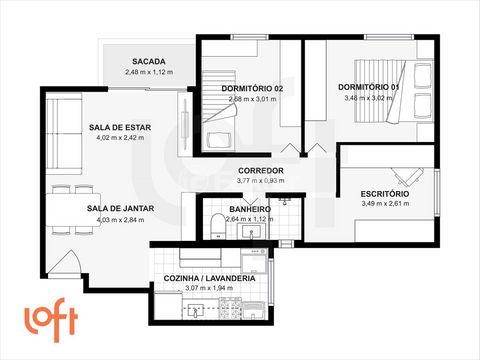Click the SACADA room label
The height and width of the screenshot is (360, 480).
tap(149, 62)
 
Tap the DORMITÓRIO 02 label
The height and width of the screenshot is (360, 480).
tap(252, 89)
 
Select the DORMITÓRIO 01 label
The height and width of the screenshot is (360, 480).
tap(369, 87)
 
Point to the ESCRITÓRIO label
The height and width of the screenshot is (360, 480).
tap(385, 194)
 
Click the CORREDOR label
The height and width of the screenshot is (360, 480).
tap(261, 171)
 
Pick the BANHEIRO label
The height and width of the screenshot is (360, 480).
tap(250, 210)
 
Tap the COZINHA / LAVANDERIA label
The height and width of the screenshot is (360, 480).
tap(209, 279)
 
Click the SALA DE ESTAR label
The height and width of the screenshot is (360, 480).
tap(120, 127)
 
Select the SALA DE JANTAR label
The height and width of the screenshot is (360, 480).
tap(120, 209)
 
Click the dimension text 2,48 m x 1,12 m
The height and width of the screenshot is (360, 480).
tap(149, 72)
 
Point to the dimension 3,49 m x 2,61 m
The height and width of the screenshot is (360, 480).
tap(385, 204)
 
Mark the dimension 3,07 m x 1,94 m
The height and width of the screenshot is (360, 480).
tap(209, 288)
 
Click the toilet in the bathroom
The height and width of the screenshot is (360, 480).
tap(218, 226)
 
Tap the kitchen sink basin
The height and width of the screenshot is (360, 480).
tap(195, 311)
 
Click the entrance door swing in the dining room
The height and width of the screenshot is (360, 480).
tap(66, 263)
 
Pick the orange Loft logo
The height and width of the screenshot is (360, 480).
tap(51, 319)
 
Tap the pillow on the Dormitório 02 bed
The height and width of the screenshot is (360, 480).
tap(220, 140)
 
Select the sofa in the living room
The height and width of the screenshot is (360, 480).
tap(64, 133)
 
